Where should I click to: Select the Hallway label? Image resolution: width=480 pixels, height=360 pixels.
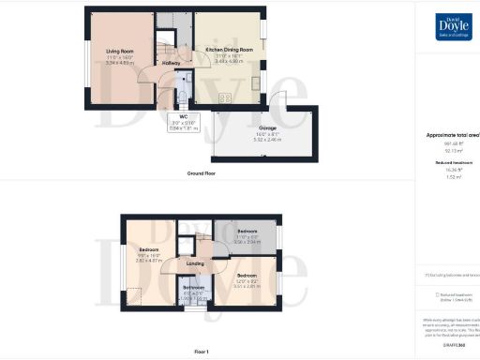(x=172, y=63)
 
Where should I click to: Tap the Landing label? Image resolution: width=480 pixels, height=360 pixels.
(x=196, y=263)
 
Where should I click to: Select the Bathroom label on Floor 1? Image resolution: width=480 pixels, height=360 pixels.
(x=193, y=287)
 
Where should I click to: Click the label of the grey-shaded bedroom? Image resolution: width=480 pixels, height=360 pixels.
(x=247, y=230)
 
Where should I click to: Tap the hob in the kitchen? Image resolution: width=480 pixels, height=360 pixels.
(x=226, y=97)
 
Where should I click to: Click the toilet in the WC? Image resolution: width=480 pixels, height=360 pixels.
(x=179, y=97)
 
